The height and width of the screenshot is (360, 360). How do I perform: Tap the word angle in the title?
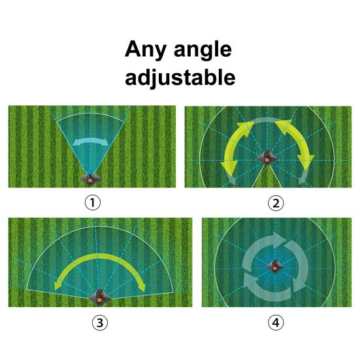pos(203,51)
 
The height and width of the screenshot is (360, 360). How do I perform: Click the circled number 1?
pos(93,203)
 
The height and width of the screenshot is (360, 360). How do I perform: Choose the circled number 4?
pos(276,322)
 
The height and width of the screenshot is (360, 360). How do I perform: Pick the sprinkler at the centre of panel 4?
pos(274,266)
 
